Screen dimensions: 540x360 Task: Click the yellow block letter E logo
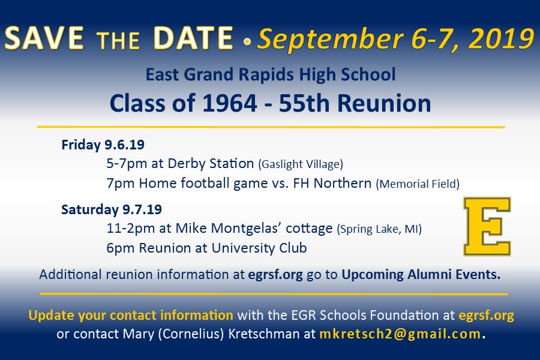pos(487,226)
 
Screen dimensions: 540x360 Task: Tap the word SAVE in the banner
pos(44,38)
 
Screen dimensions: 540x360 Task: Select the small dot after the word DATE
pos(247,41)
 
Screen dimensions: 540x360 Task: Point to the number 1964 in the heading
pos(230,103)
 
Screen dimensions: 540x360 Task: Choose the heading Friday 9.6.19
pos(103,145)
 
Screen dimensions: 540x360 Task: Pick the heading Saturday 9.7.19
pos(112,209)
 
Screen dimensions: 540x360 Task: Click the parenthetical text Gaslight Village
pos(301,164)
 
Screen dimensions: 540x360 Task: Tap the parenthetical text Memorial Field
pos(418,184)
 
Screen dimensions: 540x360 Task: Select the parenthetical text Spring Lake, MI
pos(379,229)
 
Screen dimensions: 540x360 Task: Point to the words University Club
pos(259,248)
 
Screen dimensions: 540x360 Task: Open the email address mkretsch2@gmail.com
pos(400,334)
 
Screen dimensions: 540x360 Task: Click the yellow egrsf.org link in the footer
pos(486,316)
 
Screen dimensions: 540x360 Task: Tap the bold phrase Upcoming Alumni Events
pos(421,275)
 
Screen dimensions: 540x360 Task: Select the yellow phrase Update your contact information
pos(131,315)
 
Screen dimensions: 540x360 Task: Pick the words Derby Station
pos(211,164)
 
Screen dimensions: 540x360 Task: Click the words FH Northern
pos(332,183)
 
